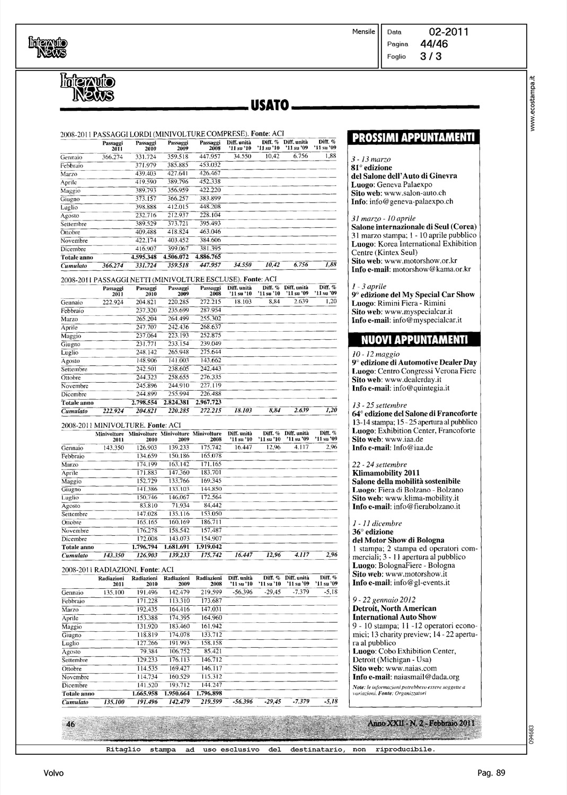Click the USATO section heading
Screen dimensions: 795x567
click(x=269, y=106)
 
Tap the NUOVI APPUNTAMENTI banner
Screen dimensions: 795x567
click(x=414, y=339)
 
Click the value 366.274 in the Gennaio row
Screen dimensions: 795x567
click(x=112, y=157)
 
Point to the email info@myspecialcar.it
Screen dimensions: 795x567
click(x=427, y=320)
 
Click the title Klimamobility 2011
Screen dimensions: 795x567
click(x=386, y=473)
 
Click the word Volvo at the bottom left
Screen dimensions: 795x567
click(x=54, y=773)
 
